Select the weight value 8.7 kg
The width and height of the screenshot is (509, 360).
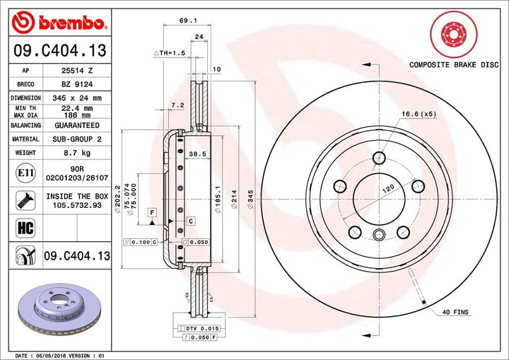click(76, 152)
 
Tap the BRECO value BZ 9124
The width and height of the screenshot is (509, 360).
click(76, 84)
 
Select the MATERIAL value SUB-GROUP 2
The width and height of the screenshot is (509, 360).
click(76, 139)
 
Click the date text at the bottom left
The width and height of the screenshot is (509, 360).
click(60, 354)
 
